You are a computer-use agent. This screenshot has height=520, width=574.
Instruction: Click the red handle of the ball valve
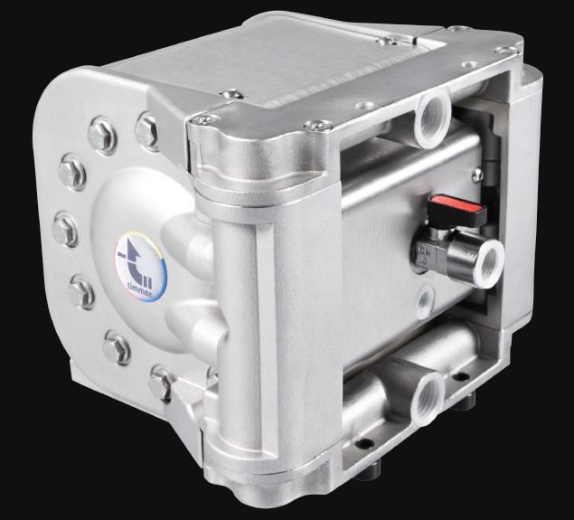[x=458, y=210]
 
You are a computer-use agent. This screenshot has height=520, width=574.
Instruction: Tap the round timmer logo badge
[x=141, y=267]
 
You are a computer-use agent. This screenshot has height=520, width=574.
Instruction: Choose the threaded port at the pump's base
[x=428, y=400]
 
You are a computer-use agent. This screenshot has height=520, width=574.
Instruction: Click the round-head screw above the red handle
[x=477, y=175]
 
